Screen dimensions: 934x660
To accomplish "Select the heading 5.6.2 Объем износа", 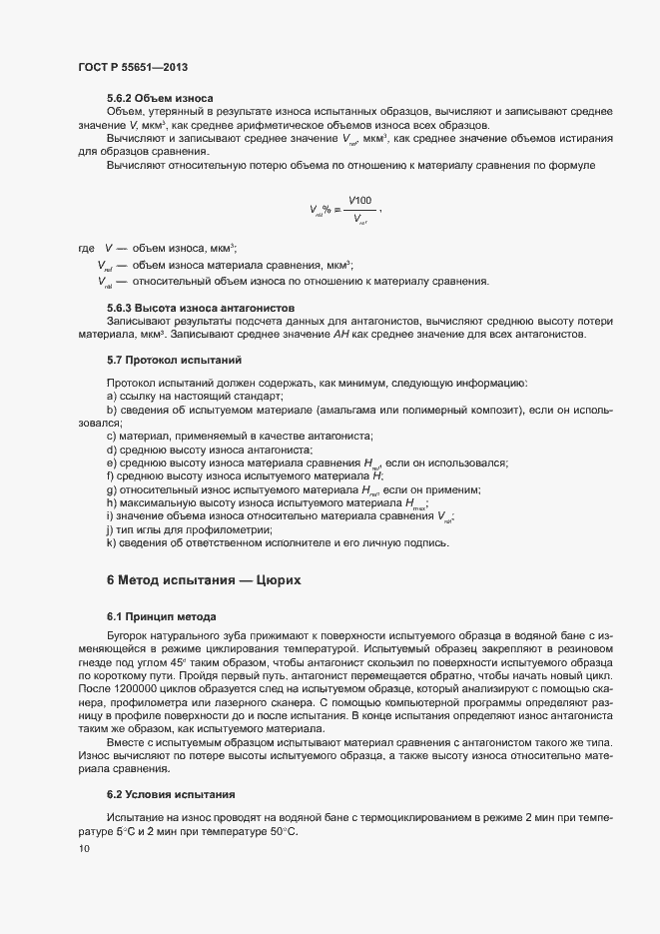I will (x=160, y=98).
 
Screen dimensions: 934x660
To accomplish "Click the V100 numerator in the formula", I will (x=359, y=201).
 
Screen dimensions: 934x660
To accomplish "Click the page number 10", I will (x=84, y=848).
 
